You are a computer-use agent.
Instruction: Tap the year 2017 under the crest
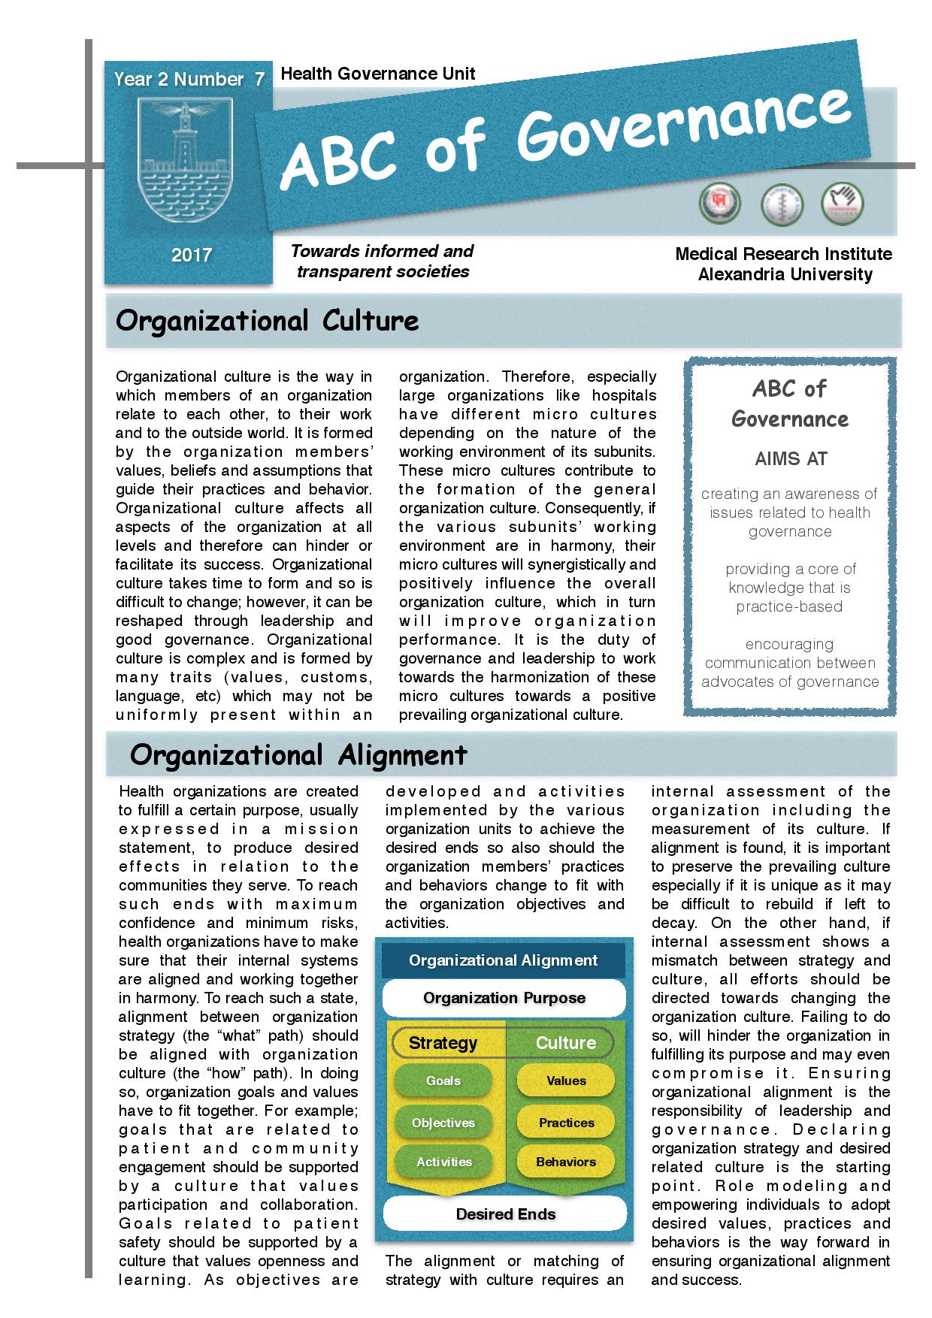[191, 255]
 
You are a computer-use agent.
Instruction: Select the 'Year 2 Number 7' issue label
[189, 80]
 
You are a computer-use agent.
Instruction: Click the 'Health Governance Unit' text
[377, 74]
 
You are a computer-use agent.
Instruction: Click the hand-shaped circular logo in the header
[843, 204]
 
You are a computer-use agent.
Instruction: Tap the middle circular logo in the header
[782, 204]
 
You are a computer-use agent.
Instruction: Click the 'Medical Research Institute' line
[783, 254]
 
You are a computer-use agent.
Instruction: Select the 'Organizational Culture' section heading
[268, 321]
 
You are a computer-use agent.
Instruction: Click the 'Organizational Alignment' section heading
[298, 754]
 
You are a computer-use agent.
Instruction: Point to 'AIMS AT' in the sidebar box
[790, 458]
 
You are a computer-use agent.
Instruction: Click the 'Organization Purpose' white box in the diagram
[504, 998]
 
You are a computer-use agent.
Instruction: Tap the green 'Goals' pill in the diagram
[443, 1081]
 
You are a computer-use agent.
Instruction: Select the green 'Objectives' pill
[443, 1123]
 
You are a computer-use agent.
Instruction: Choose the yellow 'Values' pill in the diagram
[566, 1081]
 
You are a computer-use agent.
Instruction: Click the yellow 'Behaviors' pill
[566, 1162]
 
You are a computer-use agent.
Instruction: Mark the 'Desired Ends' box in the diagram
[505, 1214]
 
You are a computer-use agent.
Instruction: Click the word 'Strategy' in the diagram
[443, 1043]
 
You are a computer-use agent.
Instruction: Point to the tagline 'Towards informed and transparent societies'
[383, 261]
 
